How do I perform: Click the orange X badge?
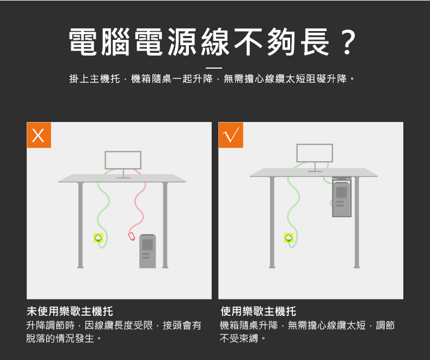[x=39, y=135]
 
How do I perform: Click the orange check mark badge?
[x=231, y=135]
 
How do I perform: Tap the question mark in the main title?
[x=347, y=42]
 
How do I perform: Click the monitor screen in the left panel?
[x=123, y=160]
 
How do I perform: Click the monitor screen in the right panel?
[x=315, y=153]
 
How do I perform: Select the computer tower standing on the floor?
[x=148, y=251]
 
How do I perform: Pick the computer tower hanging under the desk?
[x=341, y=199]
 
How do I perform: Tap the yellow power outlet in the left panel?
[x=98, y=237]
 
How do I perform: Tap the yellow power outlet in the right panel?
[x=289, y=237]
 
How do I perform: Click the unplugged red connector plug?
[x=132, y=236]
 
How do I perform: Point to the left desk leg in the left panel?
[x=81, y=225]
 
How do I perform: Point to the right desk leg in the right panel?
[x=357, y=222]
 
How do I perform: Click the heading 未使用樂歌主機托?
[x=70, y=311]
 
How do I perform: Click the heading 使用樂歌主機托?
[x=258, y=311]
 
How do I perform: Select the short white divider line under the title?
[x=213, y=68]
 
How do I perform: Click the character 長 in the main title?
[x=315, y=42]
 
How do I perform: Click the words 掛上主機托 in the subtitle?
[x=95, y=79]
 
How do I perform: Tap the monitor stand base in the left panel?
[x=123, y=178]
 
